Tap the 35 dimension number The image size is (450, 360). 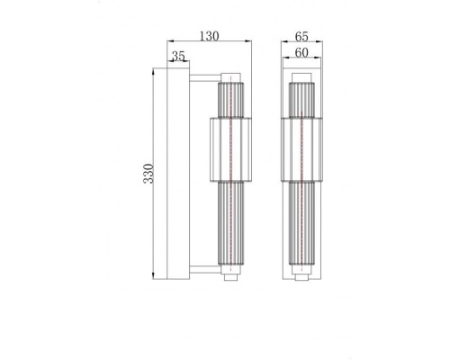[x=178, y=57]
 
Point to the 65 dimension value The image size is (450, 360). [x=302, y=36]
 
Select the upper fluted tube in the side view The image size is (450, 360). [x=231, y=98]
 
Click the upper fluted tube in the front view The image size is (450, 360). [x=302, y=98]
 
